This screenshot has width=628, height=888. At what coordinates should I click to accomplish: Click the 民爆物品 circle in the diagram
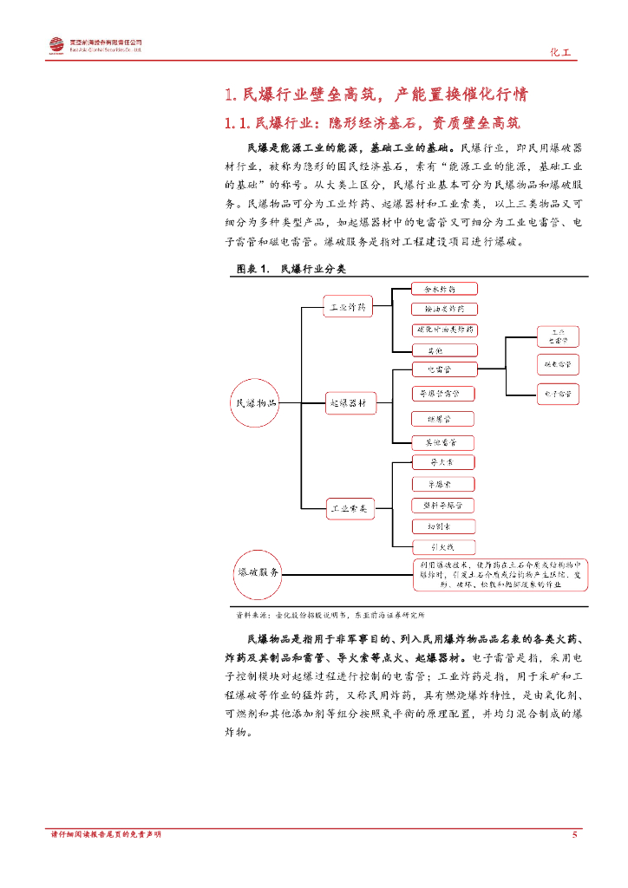(257, 403)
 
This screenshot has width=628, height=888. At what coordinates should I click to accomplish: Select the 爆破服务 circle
(258, 573)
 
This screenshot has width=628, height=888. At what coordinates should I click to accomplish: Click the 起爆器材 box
(349, 403)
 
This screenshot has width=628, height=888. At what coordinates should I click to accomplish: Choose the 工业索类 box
(349, 508)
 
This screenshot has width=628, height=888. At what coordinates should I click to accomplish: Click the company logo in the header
(56, 45)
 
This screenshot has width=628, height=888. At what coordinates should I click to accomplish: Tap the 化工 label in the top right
(561, 52)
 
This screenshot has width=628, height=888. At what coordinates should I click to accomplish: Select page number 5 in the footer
(574, 834)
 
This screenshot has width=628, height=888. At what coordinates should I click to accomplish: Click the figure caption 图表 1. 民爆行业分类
(291, 270)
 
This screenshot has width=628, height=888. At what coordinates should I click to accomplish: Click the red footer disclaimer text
(106, 834)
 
